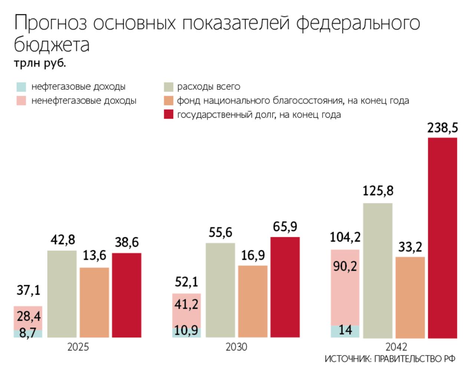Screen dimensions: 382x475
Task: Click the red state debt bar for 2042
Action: click(x=442, y=238)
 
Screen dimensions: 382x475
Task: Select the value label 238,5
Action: click(x=442, y=128)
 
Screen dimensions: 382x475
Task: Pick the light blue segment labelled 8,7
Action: click(x=28, y=333)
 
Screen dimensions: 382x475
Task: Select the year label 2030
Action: click(x=236, y=347)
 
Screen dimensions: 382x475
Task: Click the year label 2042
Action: click(x=396, y=347)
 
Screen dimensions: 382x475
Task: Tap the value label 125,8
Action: click(x=378, y=191)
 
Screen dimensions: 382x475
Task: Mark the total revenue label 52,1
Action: click(x=186, y=283)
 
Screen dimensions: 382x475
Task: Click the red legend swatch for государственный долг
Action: click(x=168, y=115)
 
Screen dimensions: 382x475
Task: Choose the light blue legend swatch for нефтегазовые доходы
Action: click(x=22, y=87)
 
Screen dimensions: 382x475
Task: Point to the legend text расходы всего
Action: click(x=209, y=87)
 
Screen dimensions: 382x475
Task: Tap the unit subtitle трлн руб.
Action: click(x=40, y=63)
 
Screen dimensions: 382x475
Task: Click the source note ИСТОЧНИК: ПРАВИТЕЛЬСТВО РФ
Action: click(x=390, y=359)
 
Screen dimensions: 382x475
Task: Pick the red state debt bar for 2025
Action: click(x=127, y=295)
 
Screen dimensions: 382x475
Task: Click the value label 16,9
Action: click(x=253, y=255)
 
